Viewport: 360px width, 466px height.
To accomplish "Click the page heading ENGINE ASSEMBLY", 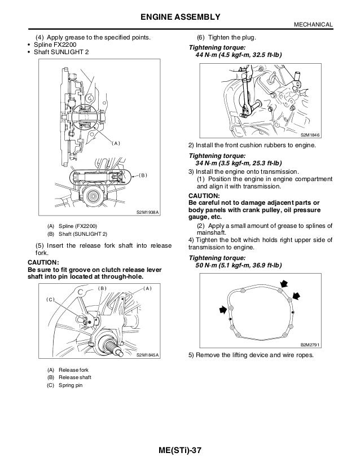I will click(x=180, y=16).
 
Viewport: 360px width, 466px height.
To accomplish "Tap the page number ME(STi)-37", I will click(x=179, y=451).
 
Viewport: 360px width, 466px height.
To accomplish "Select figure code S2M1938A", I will click(x=148, y=212).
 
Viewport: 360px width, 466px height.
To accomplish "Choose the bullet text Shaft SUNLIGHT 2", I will click(x=62, y=53).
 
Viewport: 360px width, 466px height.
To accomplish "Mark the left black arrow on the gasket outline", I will click(x=225, y=309).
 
